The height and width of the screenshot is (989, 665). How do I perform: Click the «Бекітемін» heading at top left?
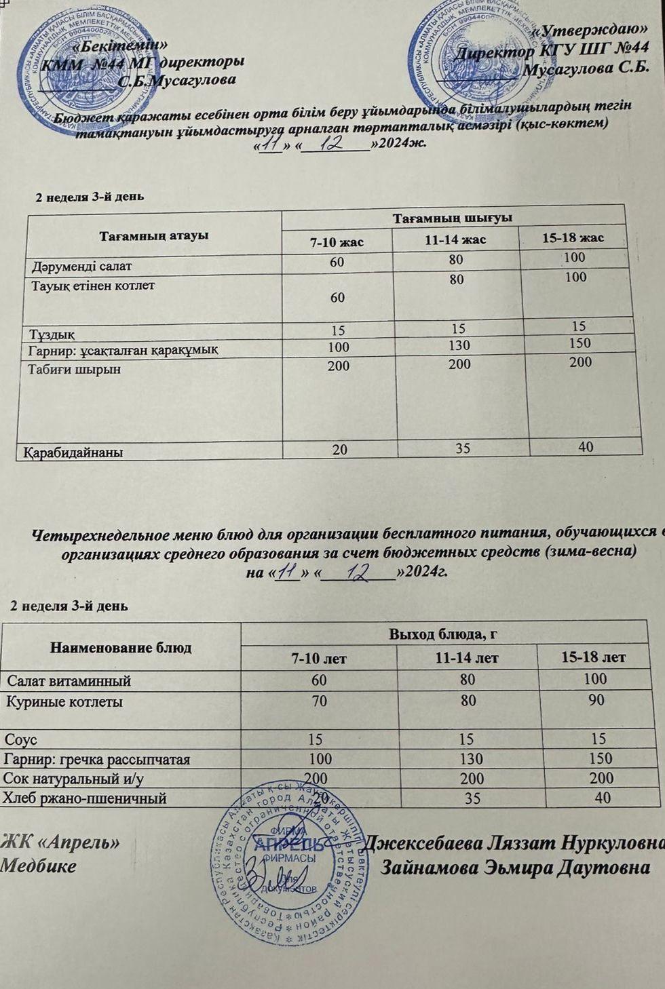click(x=119, y=45)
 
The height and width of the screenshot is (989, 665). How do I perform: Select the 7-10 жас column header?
click(x=337, y=241)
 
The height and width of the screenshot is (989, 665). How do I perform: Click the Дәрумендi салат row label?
click(x=81, y=266)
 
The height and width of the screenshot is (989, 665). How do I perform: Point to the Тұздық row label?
click(x=52, y=334)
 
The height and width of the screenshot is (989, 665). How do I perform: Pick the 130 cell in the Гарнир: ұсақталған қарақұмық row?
click(x=458, y=346)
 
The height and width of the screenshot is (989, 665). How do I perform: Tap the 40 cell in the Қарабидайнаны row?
click(x=586, y=446)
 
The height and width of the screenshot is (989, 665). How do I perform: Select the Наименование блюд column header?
click(x=121, y=648)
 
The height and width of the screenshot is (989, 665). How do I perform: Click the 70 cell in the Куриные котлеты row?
click(x=319, y=701)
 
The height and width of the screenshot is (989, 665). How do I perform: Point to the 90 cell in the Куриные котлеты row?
click(x=596, y=699)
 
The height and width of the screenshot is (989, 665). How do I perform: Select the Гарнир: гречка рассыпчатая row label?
click(x=97, y=759)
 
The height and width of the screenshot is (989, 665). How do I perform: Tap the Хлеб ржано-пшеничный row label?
click(x=85, y=798)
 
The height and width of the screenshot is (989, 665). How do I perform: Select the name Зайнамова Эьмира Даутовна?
click(x=516, y=868)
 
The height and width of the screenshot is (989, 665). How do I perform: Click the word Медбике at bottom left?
click(x=39, y=866)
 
